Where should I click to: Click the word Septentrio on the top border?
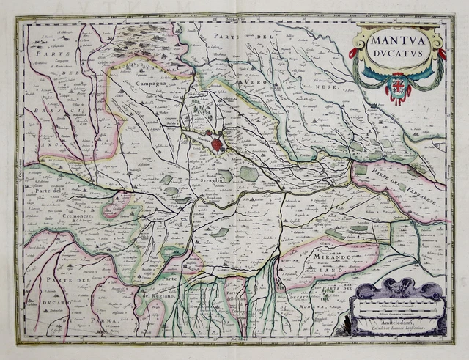click(x=235, y=20)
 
